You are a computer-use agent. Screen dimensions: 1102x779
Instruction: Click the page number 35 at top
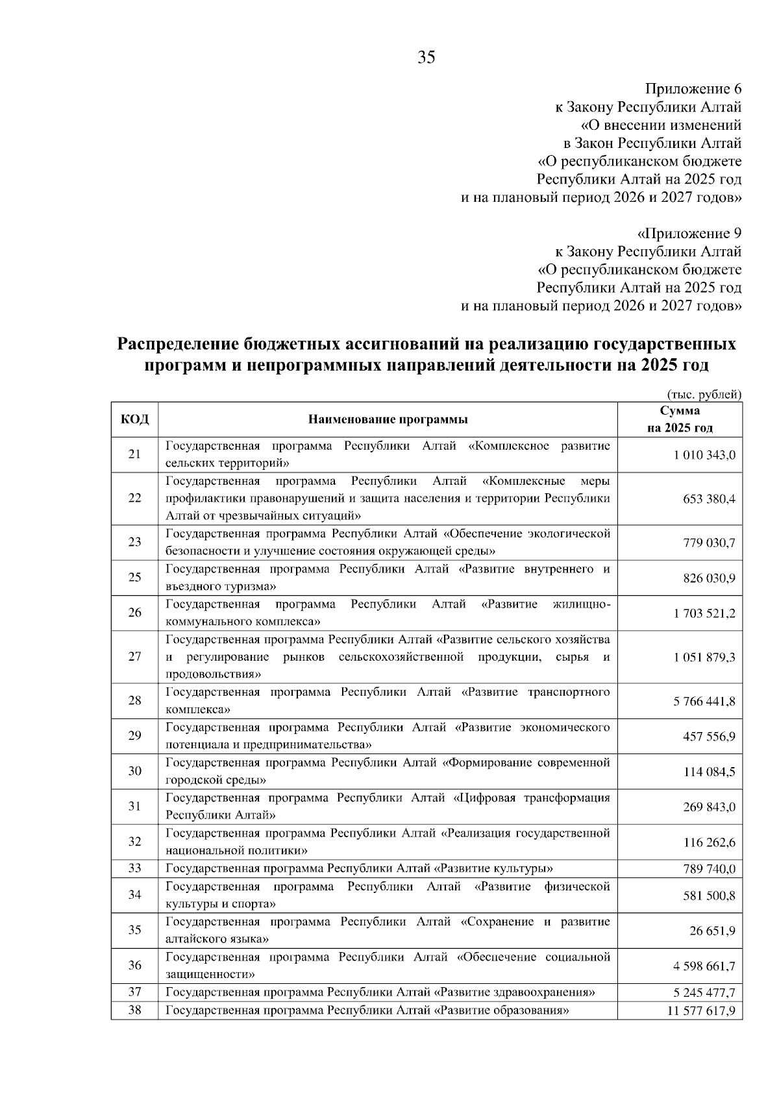pyautogui.click(x=426, y=58)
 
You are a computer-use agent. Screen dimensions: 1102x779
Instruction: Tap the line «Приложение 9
pyautogui.click(x=689, y=233)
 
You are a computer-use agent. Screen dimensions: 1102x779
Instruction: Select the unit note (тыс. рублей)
pyautogui.click(x=704, y=394)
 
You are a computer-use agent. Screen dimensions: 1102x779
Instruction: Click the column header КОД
pyautogui.click(x=134, y=419)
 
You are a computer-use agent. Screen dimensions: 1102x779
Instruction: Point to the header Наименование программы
pyautogui.click(x=388, y=419)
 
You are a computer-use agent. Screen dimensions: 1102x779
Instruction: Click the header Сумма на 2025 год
pyautogui.click(x=679, y=419)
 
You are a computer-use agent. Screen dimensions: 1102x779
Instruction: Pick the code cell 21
pyautogui.click(x=134, y=454)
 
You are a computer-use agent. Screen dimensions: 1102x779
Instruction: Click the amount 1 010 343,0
pyautogui.click(x=704, y=455)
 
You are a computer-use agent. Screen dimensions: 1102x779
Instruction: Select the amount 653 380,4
pyautogui.click(x=709, y=499)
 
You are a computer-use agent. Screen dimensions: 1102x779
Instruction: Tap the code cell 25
pyautogui.click(x=134, y=578)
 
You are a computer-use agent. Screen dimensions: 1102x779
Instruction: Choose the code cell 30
pyautogui.click(x=134, y=771)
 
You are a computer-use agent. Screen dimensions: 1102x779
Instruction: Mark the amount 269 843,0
pyautogui.click(x=709, y=807)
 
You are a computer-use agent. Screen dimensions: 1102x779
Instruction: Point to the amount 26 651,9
pyautogui.click(x=712, y=931)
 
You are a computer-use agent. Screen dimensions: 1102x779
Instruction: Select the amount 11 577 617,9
pyautogui.click(x=701, y=1010)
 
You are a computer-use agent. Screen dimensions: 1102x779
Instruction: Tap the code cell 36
pyautogui.click(x=134, y=965)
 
